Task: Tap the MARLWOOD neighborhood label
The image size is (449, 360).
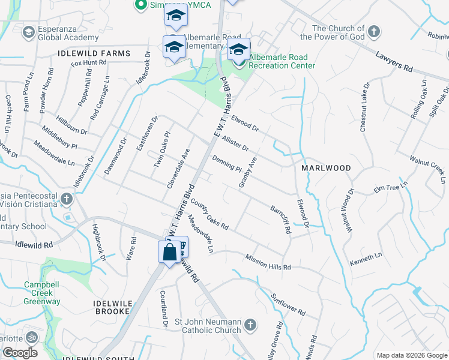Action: click(x=326, y=169)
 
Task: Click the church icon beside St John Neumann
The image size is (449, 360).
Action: click(x=250, y=326)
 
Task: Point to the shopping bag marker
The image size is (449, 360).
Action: click(x=170, y=251)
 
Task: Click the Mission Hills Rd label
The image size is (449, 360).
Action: click(x=268, y=262)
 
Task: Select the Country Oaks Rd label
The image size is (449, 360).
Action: click(x=210, y=215)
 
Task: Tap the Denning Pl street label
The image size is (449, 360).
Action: click(x=226, y=163)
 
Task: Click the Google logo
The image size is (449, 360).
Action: click(x=20, y=352)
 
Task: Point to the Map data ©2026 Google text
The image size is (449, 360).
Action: click(x=412, y=355)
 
